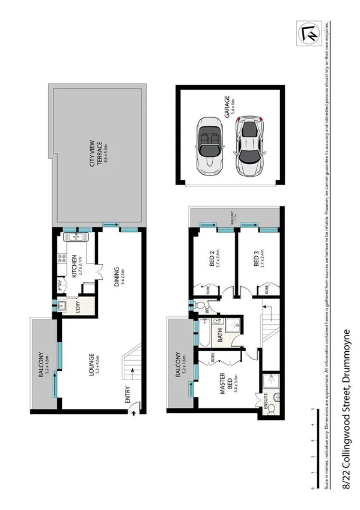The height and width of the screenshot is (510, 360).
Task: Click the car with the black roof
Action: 251,146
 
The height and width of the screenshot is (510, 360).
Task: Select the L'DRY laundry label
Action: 79,306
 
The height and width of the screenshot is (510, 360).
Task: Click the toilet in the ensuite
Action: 271,408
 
